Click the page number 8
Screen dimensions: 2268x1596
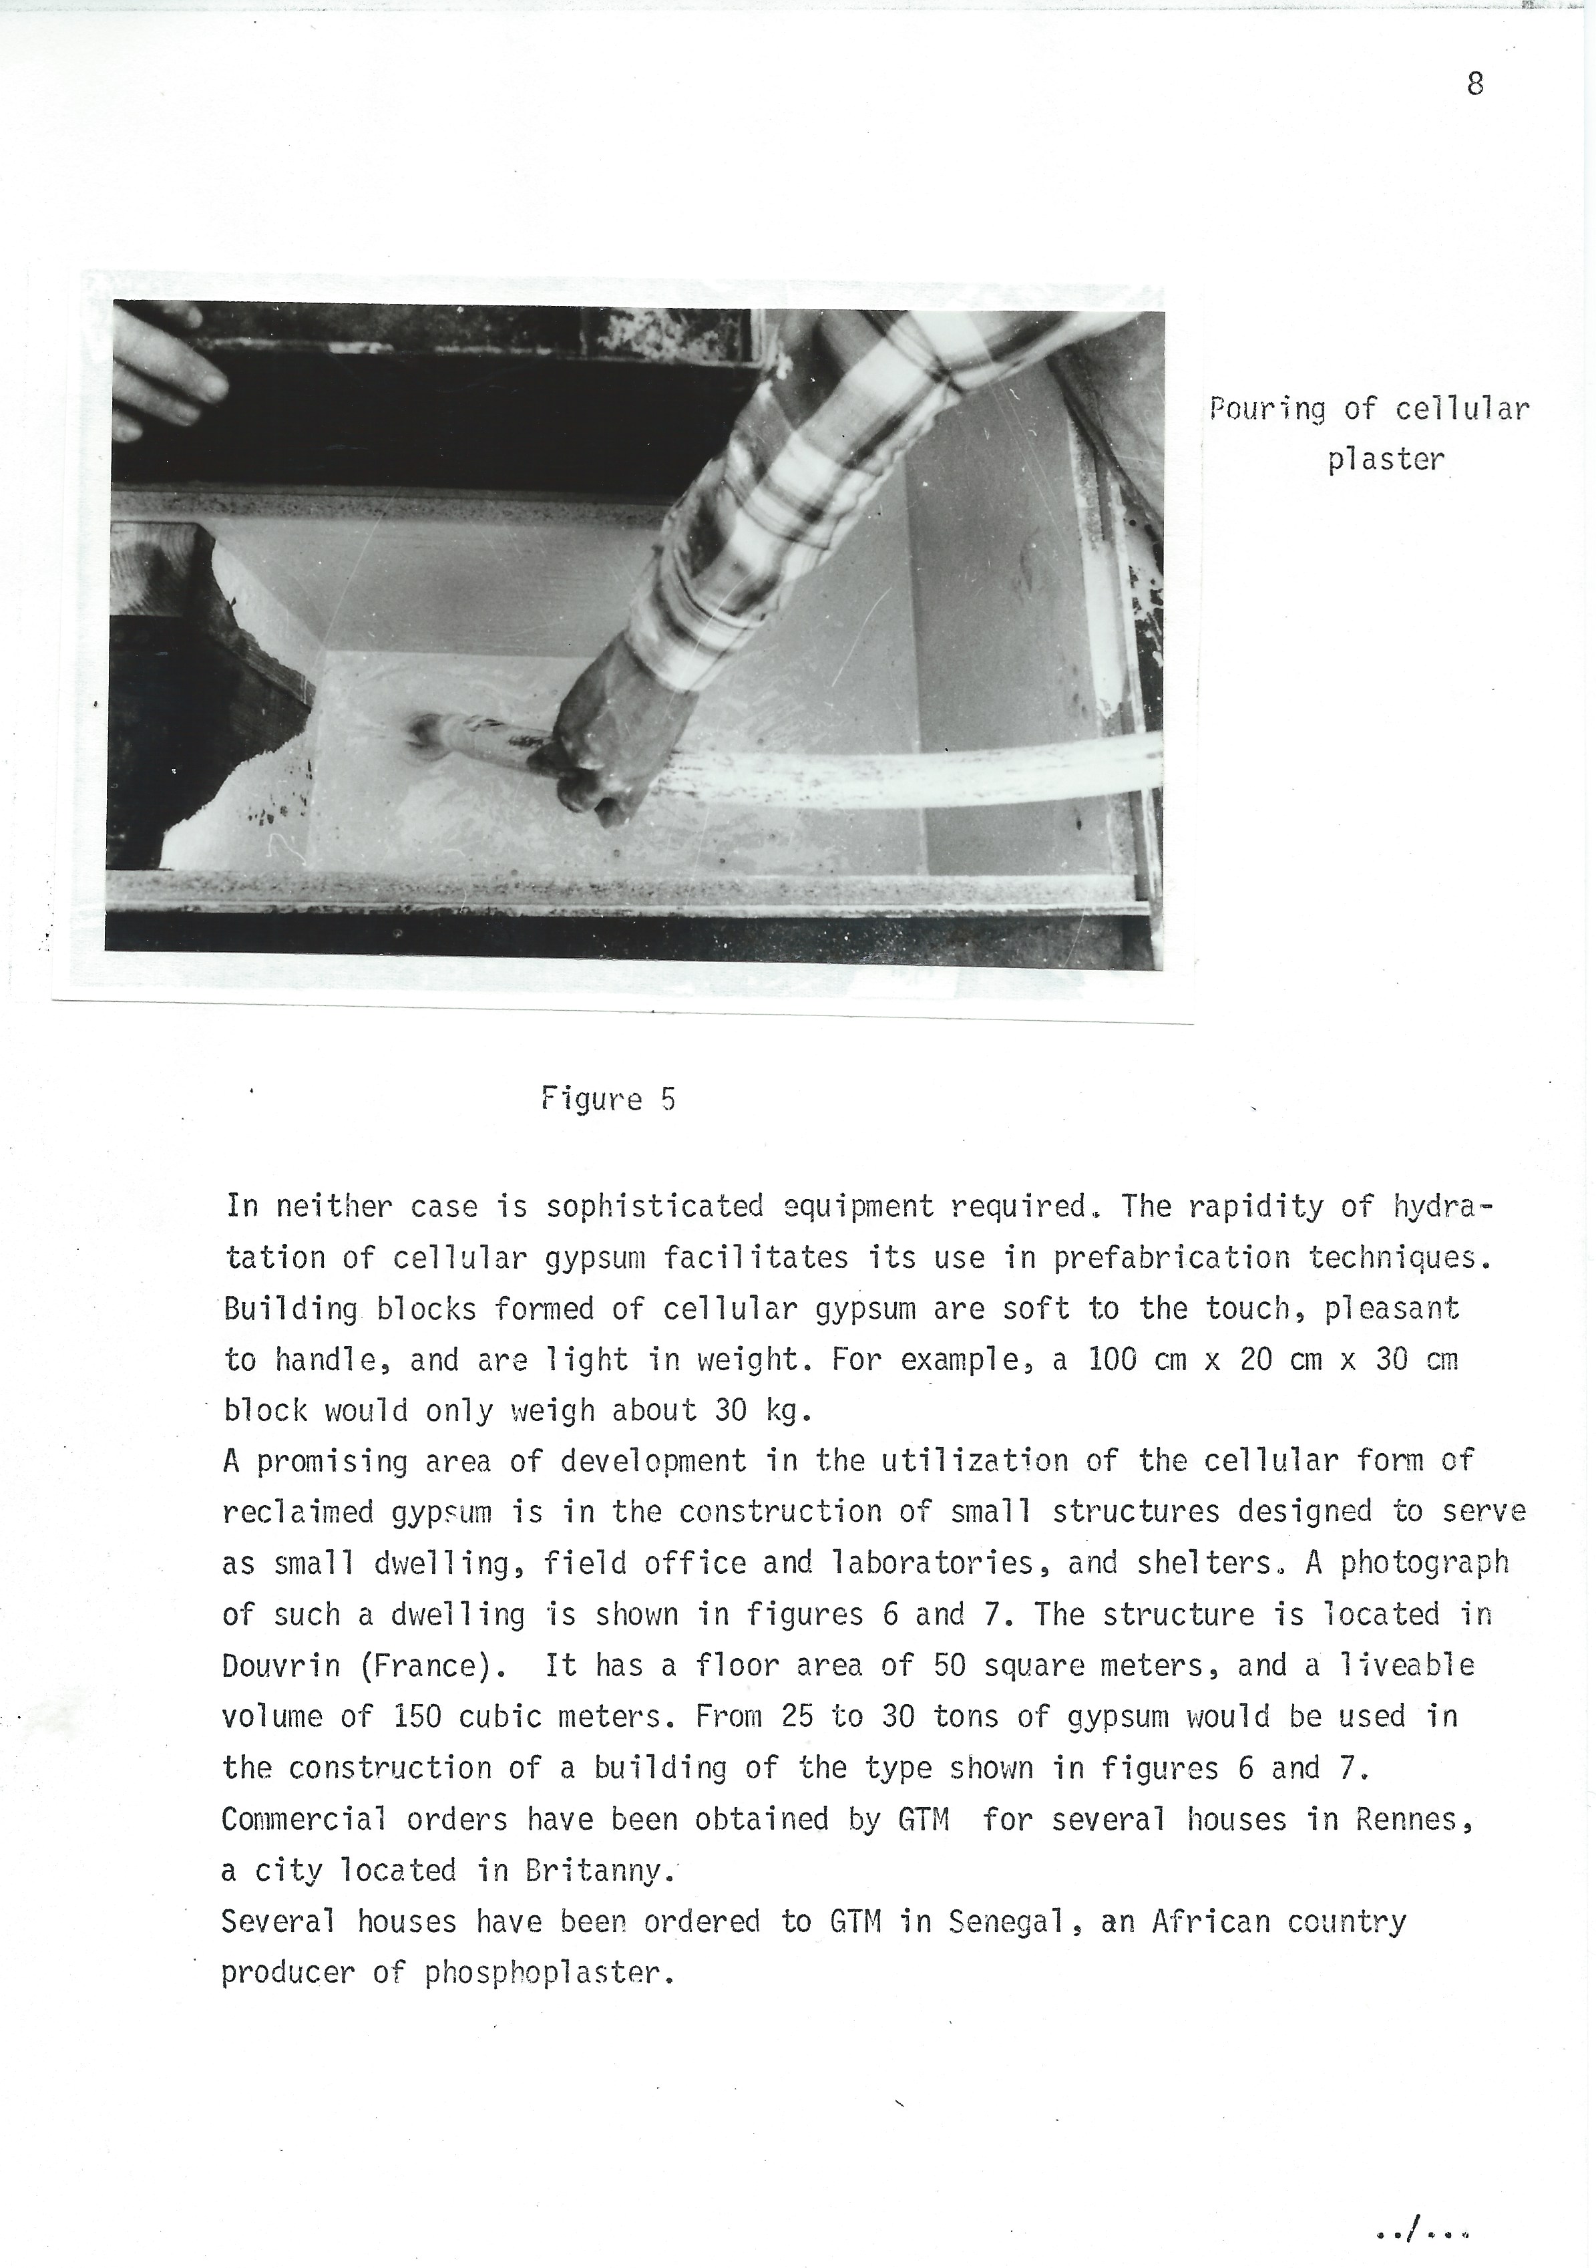[x=1474, y=85]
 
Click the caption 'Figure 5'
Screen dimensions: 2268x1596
[x=608, y=1100]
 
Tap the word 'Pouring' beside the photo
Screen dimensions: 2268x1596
[x=1267, y=409]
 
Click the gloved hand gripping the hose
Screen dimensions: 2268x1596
[x=617, y=731]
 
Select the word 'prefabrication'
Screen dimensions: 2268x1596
[x=1171, y=1257]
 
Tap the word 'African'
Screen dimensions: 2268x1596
[x=1210, y=1922]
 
